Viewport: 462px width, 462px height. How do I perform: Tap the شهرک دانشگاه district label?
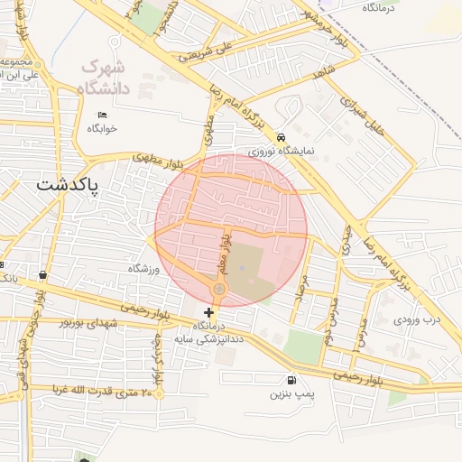coord(106,78)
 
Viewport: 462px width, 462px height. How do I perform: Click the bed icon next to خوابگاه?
coord(102,115)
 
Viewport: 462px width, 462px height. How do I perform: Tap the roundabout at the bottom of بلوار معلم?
coord(218,289)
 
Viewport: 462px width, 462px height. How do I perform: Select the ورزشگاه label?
coord(144,269)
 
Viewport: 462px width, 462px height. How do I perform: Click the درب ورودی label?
coord(418,319)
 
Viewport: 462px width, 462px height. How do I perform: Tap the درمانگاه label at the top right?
coord(383,7)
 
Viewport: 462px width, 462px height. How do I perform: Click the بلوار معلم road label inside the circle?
coord(226,253)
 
